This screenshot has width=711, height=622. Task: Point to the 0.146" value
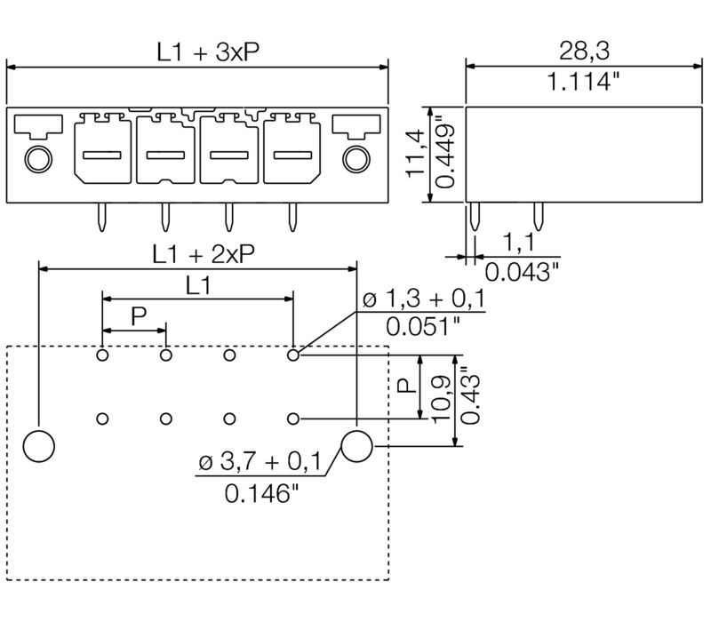click(258, 493)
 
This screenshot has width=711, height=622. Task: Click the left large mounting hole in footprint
click(38, 445)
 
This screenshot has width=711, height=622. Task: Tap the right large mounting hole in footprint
click(356, 445)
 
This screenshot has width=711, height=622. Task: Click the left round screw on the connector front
click(37, 159)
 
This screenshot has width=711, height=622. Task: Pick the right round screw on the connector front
click(355, 159)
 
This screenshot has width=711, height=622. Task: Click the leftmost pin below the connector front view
click(101, 216)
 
